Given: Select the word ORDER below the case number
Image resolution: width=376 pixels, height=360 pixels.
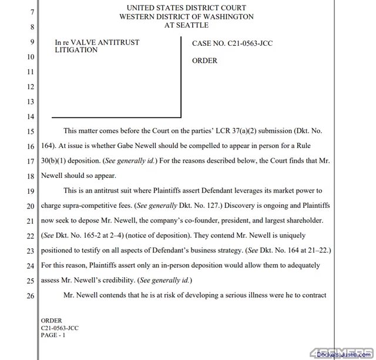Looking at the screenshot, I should coord(204,60).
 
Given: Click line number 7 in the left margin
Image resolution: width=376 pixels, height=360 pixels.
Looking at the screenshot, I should coord(31,12).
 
